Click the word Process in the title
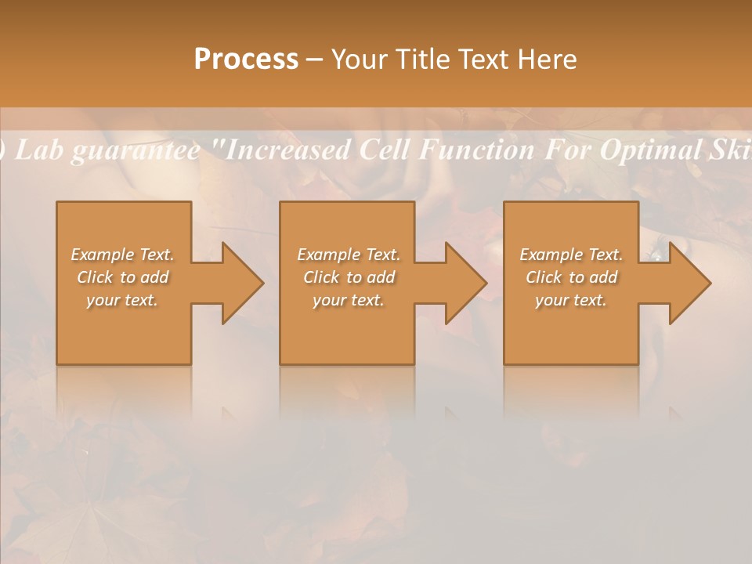point(246,60)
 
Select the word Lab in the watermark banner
point(39,150)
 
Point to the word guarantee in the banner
point(135,150)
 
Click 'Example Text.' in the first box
point(122,255)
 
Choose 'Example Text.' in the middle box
point(349,255)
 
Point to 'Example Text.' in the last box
point(571,255)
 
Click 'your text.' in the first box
point(122,300)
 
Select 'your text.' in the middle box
point(349,300)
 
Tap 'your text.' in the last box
point(571,300)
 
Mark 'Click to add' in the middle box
point(349,277)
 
